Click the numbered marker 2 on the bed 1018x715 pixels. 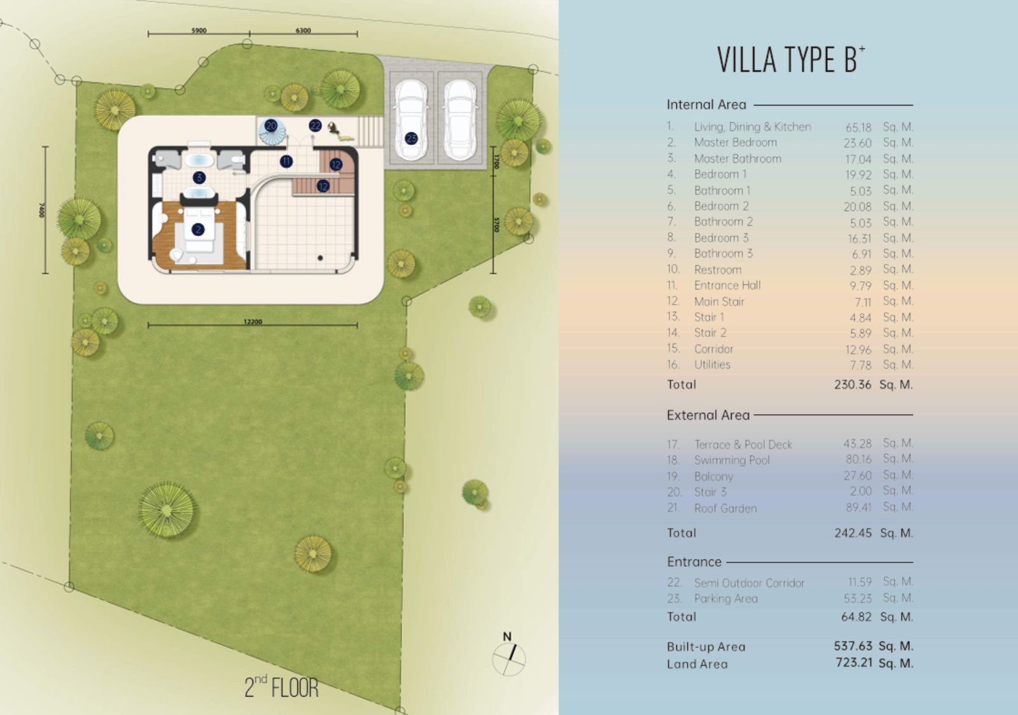(198, 230)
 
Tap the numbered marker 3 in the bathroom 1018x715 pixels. (199, 177)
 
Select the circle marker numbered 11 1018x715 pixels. (286, 162)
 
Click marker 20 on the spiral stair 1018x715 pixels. (271, 126)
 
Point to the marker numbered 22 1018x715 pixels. (315, 125)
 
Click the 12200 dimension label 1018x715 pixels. (253, 322)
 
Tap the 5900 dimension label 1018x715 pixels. (199, 31)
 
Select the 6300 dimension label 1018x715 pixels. (303, 31)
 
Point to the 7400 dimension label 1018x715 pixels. (42, 210)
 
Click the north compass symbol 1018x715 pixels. (509, 655)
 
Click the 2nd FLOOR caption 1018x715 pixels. (281, 687)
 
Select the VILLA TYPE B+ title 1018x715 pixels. (791, 60)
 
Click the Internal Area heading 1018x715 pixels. (706, 105)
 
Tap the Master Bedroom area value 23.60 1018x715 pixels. (858, 143)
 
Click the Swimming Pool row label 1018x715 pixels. (732, 460)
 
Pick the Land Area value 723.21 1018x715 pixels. (854, 662)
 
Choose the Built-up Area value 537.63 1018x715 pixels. (853, 646)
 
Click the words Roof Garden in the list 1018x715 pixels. (725, 508)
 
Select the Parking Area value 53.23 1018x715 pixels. (858, 599)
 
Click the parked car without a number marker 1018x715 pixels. (461, 120)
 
